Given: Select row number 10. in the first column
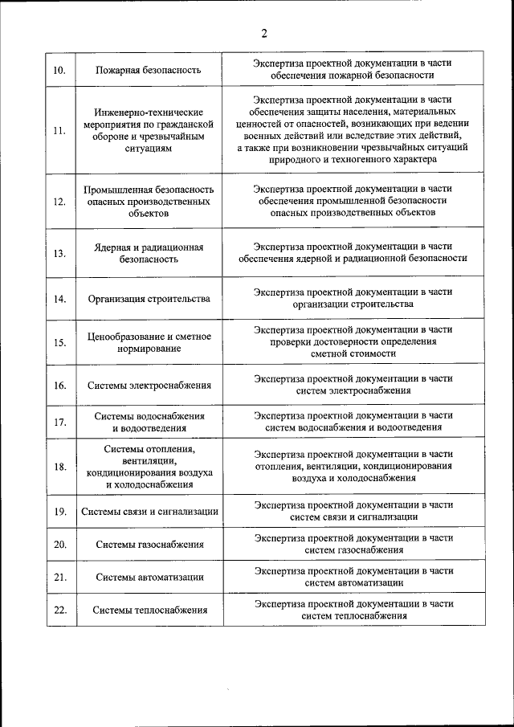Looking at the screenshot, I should point(59,70).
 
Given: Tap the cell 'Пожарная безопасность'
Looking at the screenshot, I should point(149,70).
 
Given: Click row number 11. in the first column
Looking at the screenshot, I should point(59,131).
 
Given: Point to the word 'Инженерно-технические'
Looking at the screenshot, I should point(149,112).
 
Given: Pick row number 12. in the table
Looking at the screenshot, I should point(59,202).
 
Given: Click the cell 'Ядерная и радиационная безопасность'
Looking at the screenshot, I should point(149,253).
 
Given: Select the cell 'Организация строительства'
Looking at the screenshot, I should point(149,299).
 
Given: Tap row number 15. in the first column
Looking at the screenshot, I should point(59,343).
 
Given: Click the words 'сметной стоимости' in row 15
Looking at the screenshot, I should point(353,353).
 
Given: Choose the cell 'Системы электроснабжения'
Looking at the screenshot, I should point(149,386).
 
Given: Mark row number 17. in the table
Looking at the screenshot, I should point(59,423).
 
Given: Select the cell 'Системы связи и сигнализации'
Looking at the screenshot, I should point(149,512).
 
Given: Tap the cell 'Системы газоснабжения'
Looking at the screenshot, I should point(149,545).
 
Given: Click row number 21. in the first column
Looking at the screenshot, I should point(59,577).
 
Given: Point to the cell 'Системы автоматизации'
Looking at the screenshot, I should point(149,577).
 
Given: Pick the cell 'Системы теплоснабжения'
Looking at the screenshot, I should point(149,610).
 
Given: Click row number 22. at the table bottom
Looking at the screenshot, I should point(59,610).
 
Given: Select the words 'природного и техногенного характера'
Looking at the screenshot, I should point(353,160).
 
